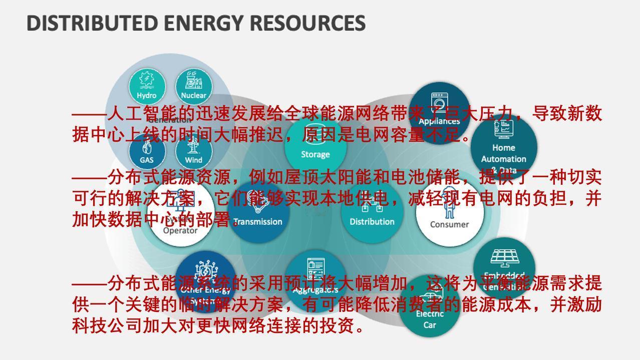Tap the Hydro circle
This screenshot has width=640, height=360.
pyautogui.click(x=146, y=86)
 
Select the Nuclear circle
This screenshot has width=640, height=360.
pyautogui.click(x=193, y=86)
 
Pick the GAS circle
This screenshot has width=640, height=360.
pyautogui.click(x=146, y=153)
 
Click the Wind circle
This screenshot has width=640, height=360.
pyautogui.click(x=193, y=153)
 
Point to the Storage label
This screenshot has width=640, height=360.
pyautogui.click(x=315, y=154)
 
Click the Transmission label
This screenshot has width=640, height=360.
pyautogui.click(x=258, y=221)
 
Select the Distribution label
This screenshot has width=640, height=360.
pyautogui.click(x=372, y=221)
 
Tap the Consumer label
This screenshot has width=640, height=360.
pyautogui.click(x=449, y=224)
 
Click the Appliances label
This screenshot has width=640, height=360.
pyautogui.click(x=439, y=121)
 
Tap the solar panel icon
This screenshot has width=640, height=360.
pyautogui.click(x=504, y=258)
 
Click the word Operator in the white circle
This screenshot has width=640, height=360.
pyautogui.click(x=180, y=231)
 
